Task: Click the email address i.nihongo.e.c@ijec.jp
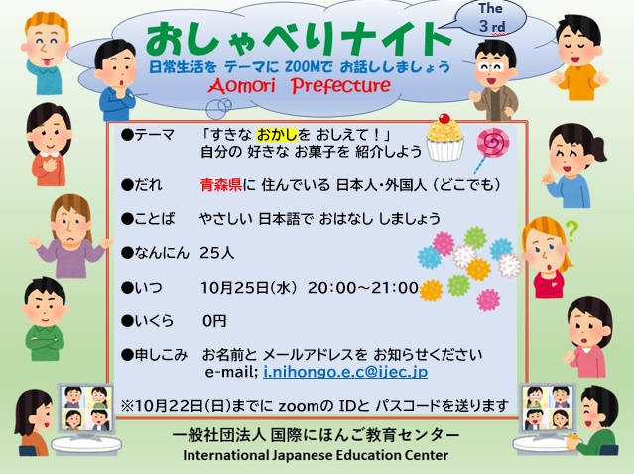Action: point(345,371)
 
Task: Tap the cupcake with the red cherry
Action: point(444,138)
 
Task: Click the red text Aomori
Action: point(242,85)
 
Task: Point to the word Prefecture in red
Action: point(341,85)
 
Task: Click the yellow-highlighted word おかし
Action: point(277,135)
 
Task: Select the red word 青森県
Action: point(221,185)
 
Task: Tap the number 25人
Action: point(217,253)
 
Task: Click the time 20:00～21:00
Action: point(363,288)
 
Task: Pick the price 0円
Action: point(214,321)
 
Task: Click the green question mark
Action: point(572,231)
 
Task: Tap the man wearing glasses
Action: point(494,80)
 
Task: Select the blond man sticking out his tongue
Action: point(46,53)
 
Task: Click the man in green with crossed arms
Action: point(45,319)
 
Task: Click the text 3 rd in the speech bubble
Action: point(492,26)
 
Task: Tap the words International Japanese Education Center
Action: point(316,455)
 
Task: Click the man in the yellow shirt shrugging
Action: point(579,58)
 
